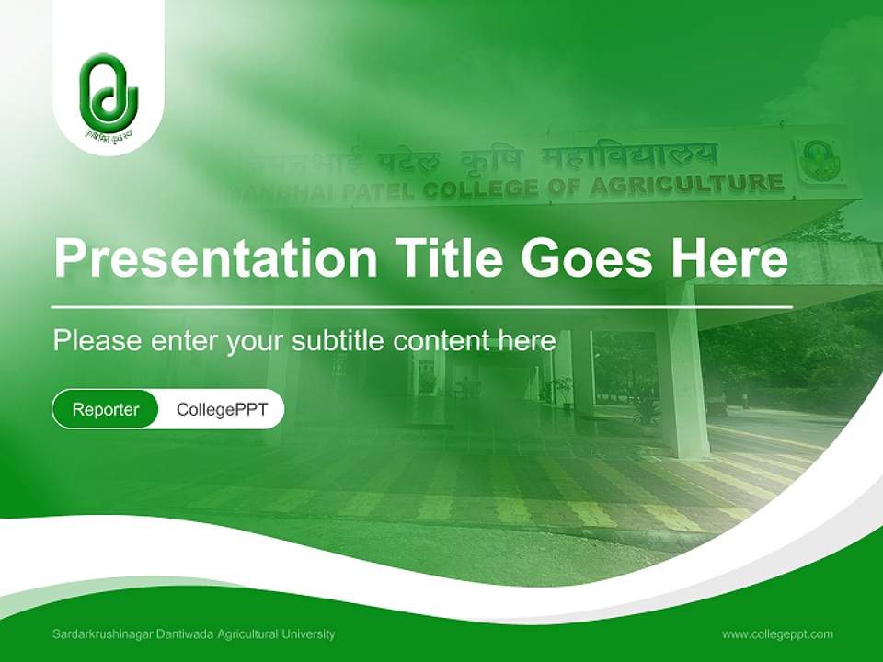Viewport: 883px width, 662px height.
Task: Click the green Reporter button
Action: pyautogui.click(x=106, y=409)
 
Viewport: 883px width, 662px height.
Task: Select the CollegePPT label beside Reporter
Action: pyautogui.click(x=222, y=409)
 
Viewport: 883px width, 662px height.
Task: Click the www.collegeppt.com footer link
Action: pyautogui.click(x=777, y=633)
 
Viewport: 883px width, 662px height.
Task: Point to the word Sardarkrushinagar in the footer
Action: pyautogui.click(x=102, y=633)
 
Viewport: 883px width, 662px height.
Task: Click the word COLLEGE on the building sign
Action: pyautogui.click(x=479, y=189)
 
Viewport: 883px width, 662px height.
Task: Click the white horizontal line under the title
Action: pyautogui.click(x=422, y=306)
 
